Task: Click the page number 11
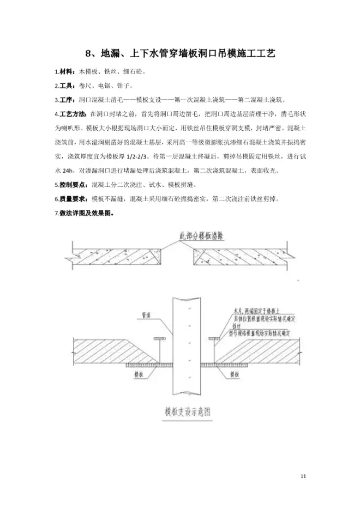304,477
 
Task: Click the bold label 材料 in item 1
67,72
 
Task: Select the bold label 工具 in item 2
67,86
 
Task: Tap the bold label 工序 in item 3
67,100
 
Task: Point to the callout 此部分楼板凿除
202,237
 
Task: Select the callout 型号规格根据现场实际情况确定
262,332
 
